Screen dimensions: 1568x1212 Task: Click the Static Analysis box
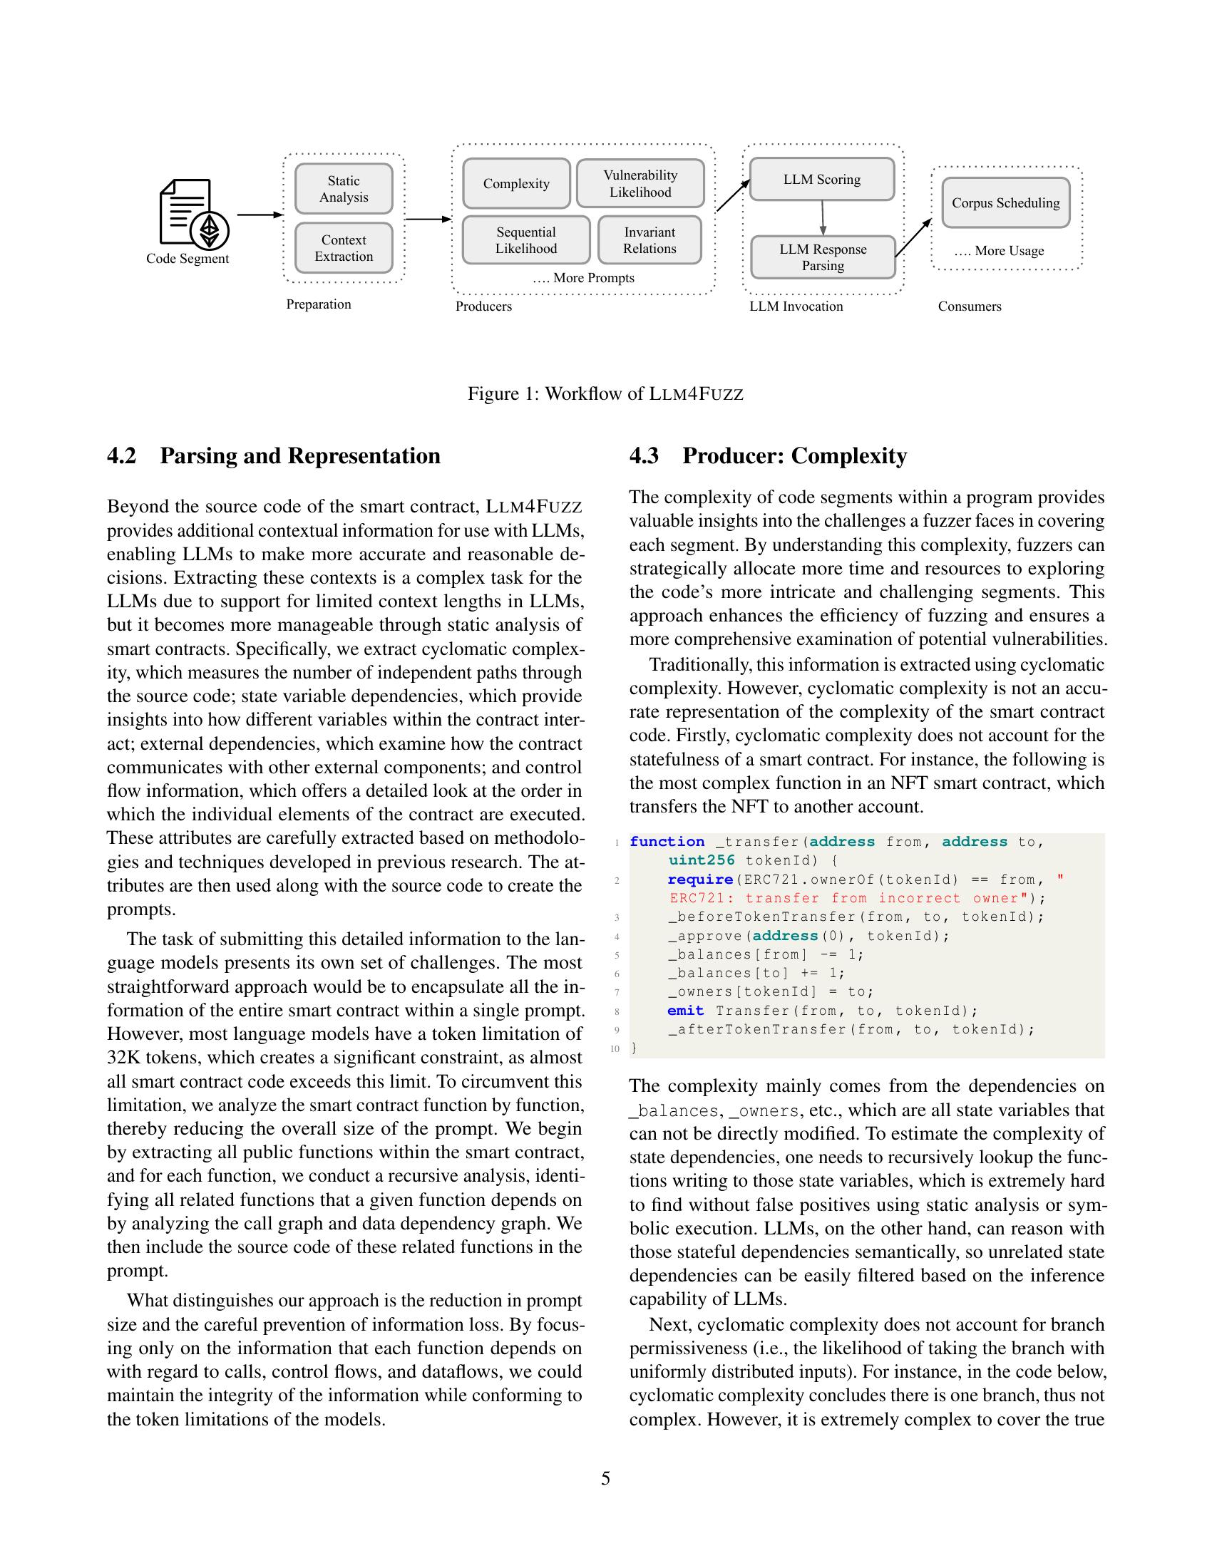(x=343, y=189)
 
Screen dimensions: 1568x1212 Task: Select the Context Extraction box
(x=343, y=249)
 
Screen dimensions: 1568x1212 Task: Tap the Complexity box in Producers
(x=515, y=184)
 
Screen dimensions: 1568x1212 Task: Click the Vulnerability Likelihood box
(x=640, y=184)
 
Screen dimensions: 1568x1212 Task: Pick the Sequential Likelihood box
(x=525, y=240)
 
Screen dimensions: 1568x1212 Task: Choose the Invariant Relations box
(x=649, y=240)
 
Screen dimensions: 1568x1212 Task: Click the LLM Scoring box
(x=821, y=180)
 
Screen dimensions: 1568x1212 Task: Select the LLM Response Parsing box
(x=822, y=258)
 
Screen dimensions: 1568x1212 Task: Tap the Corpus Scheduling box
(x=1005, y=203)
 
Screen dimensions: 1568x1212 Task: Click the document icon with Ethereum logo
(x=192, y=213)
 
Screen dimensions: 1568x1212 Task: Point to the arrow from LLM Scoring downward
(x=823, y=218)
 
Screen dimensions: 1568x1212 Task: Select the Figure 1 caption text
(x=605, y=393)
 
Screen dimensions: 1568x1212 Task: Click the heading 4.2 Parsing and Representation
(x=274, y=456)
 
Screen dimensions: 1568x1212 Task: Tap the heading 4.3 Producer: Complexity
(x=768, y=456)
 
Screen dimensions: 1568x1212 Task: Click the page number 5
(x=605, y=1478)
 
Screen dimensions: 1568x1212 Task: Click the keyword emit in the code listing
(x=685, y=1011)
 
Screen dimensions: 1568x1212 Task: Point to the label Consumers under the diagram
(x=970, y=306)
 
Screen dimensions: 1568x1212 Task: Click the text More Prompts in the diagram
(x=583, y=278)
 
